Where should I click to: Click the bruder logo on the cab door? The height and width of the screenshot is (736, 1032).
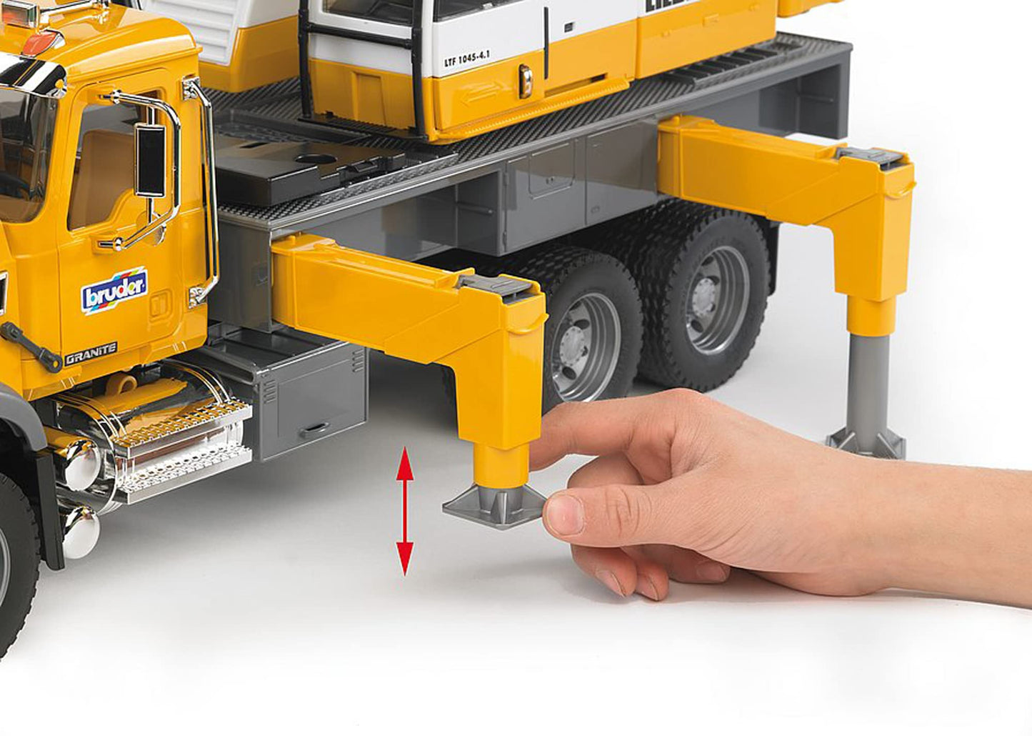[x=114, y=289]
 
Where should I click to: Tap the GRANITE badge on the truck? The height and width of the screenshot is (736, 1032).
[x=91, y=354]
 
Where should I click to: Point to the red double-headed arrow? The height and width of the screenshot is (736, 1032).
[x=405, y=511]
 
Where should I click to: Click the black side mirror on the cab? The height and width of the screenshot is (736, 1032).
[x=151, y=160]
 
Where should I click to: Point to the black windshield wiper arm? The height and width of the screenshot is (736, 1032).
[x=31, y=347]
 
